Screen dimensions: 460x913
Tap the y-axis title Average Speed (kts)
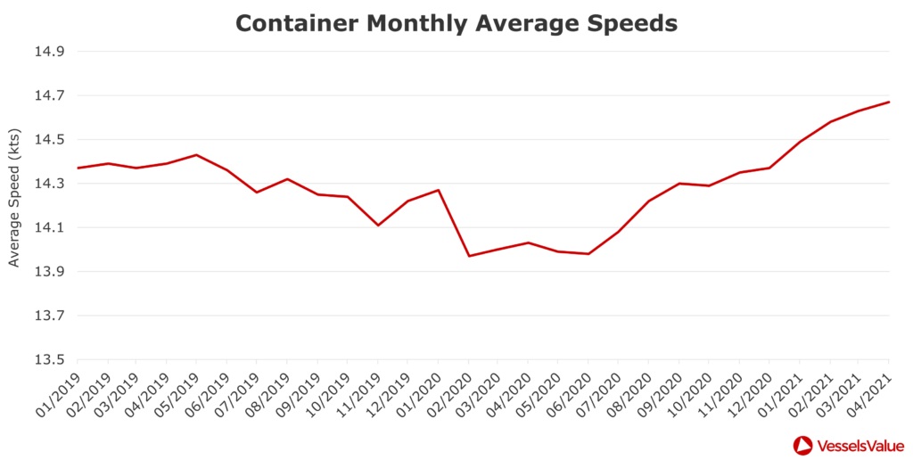[14, 206]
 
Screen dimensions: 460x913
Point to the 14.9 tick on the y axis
[49, 52]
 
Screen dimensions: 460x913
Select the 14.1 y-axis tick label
[49, 228]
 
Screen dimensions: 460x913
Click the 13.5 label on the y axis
[49, 360]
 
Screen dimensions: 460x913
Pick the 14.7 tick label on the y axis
[49, 95]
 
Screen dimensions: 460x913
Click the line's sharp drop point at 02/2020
[469, 256]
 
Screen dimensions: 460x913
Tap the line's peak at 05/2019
[197, 155]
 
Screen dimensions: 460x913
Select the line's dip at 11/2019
[378, 225]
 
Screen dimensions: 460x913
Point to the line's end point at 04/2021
[889, 102]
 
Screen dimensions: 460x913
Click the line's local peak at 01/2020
[438, 190]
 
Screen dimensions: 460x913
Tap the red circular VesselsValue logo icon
[802, 445]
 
